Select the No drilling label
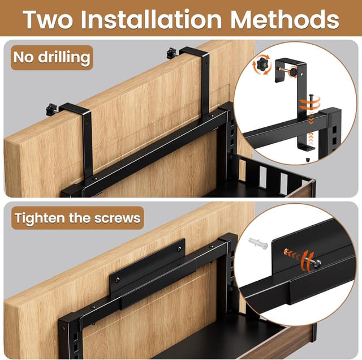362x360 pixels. (x=51, y=57)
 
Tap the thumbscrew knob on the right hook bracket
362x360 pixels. (x=171, y=54)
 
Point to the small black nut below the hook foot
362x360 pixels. (x=307, y=160)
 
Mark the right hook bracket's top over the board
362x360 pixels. (x=192, y=53)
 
